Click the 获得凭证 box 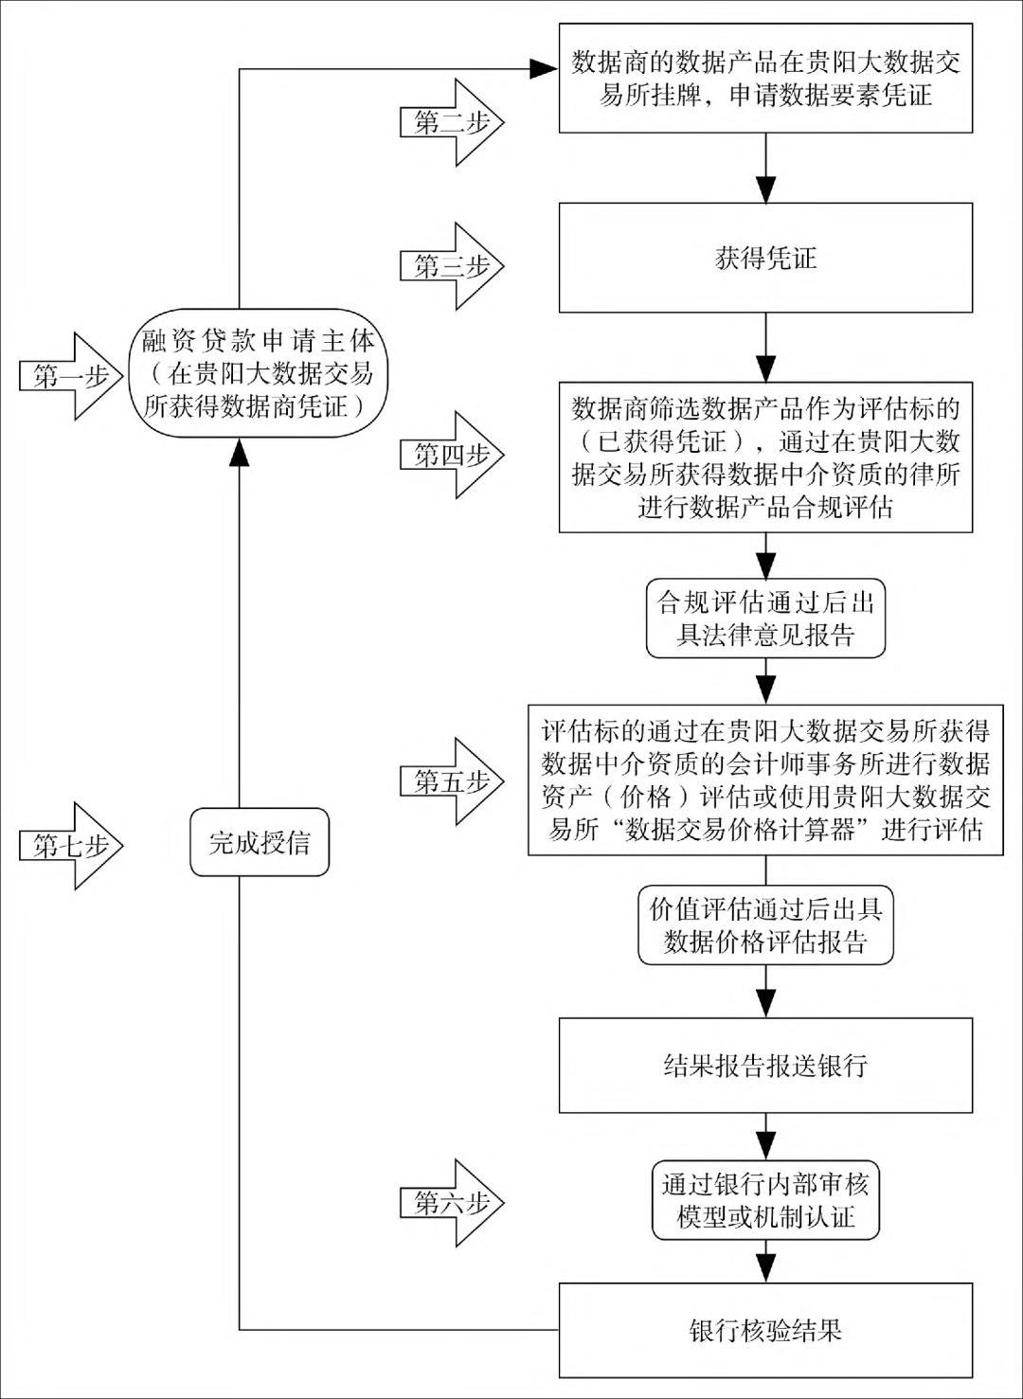point(765,258)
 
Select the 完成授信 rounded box point(260,842)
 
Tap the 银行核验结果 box point(765,1330)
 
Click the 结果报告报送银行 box point(765,1065)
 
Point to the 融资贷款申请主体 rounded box point(259,373)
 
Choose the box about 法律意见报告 point(765,619)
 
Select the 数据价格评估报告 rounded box point(765,925)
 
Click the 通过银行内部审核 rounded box point(765,1199)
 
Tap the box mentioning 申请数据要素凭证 point(765,79)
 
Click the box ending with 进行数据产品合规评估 point(765,457)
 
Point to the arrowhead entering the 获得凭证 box point(765,189)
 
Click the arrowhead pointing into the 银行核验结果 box point(765,1269)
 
